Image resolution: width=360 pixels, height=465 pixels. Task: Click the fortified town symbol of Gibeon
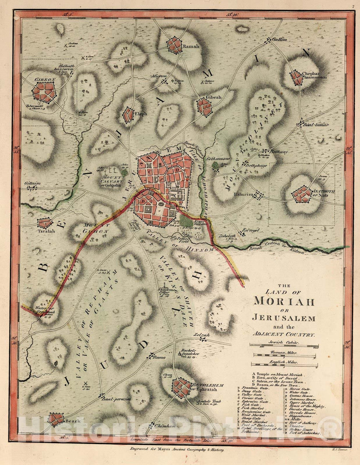[44, 92]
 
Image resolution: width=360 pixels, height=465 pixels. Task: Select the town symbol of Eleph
[128, 115]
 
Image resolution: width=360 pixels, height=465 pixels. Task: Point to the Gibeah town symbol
[204, 107]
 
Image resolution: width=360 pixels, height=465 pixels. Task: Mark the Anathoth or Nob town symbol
[302, 194]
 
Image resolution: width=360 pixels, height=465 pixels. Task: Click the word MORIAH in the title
[283, 301]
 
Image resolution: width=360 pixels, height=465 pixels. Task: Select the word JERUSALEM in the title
[283, 318]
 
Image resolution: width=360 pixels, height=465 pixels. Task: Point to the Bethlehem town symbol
[181, 386]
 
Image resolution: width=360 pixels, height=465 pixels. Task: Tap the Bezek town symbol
[56, 419]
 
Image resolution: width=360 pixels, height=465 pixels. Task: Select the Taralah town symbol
[44, 223]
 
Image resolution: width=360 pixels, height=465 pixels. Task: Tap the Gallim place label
[280, 39]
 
